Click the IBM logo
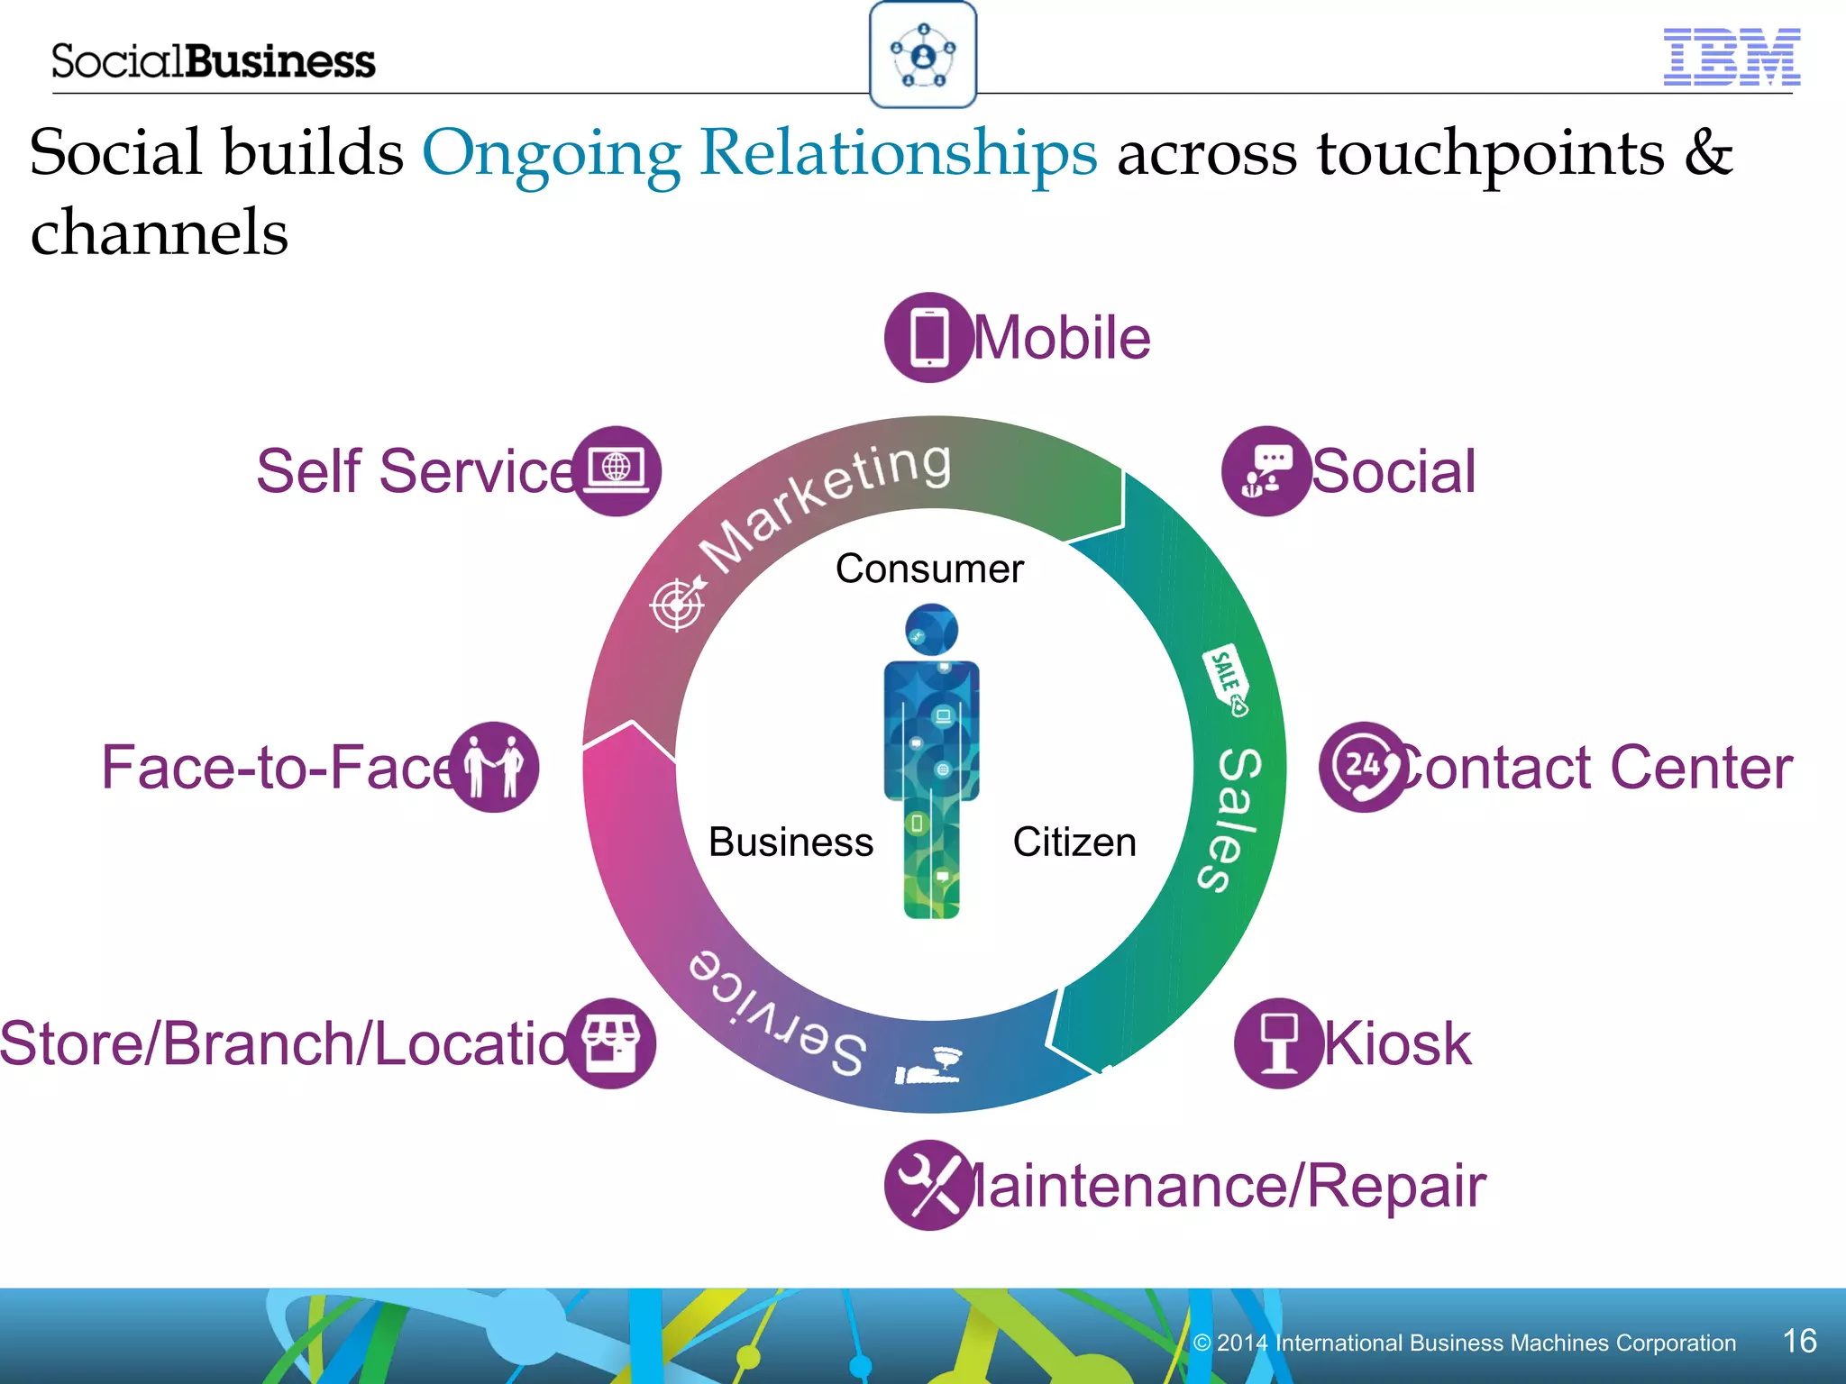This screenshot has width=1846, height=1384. click(x=1731, y=58)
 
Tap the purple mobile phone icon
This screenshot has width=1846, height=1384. click(x=928, y=338)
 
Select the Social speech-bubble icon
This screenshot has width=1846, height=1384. click(x=1266, y=471)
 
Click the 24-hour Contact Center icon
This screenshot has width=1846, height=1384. click(x=1363, y=767)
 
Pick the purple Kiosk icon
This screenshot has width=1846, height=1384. click(x=1279, y=1043)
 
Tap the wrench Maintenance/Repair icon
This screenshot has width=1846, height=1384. click(x=928, y=1185)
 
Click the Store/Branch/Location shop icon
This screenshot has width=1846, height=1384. click(x=611, y=1043)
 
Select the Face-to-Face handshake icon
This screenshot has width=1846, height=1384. click(x=494, y=767)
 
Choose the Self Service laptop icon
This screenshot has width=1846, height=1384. click(x=617, y=471)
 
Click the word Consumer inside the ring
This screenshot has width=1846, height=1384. click(x=929, y=569)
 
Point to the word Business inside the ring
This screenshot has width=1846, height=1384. click(x=790, y=842)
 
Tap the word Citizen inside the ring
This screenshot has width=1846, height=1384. click(x=1074, y=842)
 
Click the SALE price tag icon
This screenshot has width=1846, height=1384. click(x=1227, y=680)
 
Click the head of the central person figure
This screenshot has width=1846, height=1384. click(x=931, y=629)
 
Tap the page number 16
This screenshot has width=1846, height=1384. click(x=1799, y=1341)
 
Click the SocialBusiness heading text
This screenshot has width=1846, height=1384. click(x=213, y=61)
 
